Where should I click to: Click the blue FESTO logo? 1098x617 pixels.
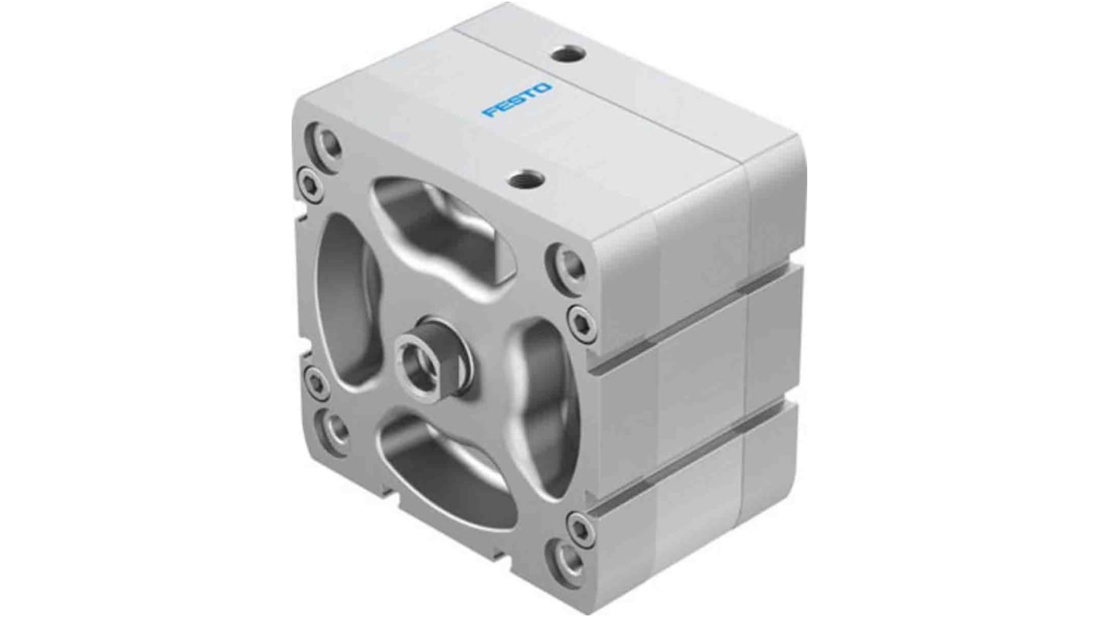(517, 100)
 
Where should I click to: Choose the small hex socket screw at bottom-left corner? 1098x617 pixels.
(315, 381)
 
